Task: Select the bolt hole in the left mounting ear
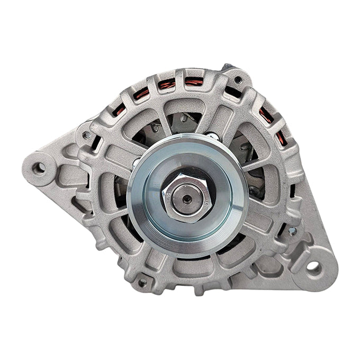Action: (39, 168)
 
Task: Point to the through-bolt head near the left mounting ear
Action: (86, 136)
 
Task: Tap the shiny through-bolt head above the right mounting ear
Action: (291, 231)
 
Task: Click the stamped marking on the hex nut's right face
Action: (203, 201)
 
